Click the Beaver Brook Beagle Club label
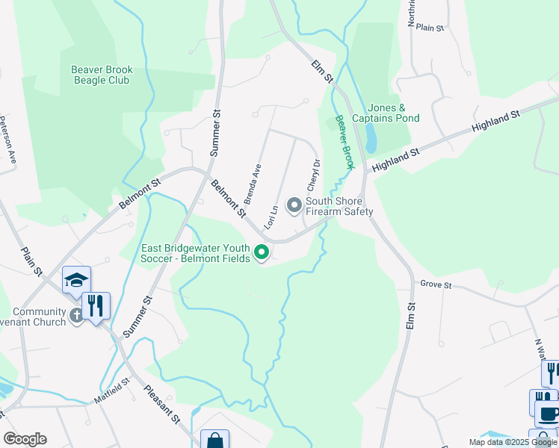102,75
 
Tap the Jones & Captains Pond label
386,113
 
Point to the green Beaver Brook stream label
345,143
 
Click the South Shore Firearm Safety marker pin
294,205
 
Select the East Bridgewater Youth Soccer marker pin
262,253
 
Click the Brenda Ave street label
252,184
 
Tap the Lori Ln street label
273,216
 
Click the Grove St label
436,284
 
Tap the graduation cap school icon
77,279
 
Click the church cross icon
76,316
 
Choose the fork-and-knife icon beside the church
96,305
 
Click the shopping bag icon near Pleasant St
215,441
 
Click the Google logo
25,439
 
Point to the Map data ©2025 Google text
513,442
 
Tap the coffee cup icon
548,412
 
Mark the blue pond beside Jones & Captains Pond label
371,138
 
